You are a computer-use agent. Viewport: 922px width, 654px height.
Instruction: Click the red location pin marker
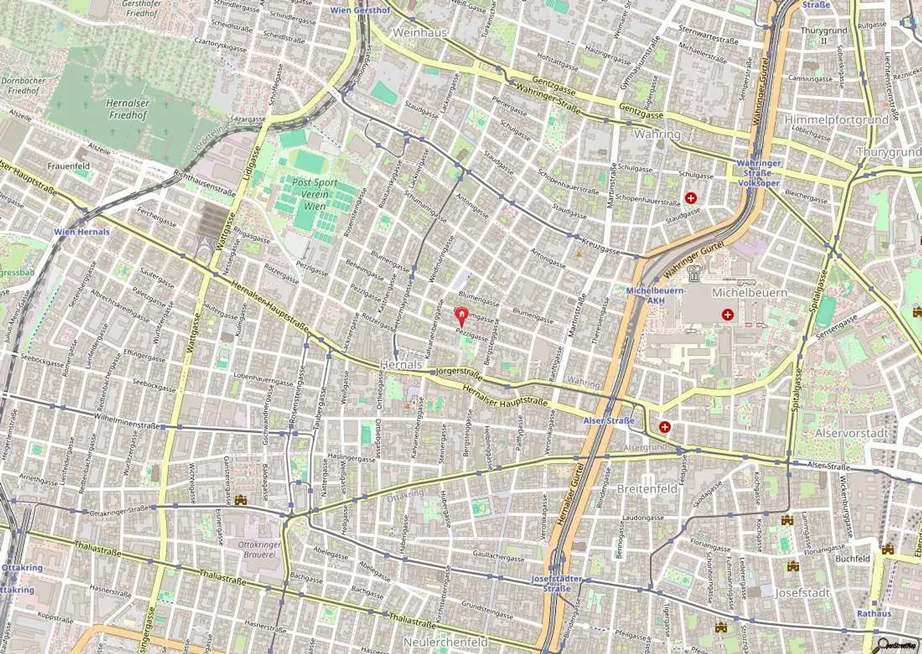461,315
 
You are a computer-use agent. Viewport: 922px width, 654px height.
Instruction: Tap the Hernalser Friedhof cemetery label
127,109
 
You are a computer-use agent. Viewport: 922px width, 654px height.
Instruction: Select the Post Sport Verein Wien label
315,194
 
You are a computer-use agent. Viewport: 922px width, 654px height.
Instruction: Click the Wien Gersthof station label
360,10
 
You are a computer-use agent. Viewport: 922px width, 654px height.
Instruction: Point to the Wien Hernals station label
82,232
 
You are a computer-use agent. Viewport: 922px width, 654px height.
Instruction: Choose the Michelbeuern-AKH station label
655,295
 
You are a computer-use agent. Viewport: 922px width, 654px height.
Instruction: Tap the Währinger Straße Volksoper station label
758,173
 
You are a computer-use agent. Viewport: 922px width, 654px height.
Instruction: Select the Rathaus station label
874,613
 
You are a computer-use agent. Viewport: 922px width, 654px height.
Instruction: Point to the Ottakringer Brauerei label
259,550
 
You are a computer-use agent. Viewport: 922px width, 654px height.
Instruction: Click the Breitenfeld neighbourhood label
647,489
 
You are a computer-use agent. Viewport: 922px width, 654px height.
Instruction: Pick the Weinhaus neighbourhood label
420,32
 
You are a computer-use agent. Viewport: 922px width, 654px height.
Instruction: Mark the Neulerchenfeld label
445,642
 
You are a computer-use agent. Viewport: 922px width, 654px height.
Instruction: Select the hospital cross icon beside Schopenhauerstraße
691,198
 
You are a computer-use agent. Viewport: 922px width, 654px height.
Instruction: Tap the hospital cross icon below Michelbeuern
728,314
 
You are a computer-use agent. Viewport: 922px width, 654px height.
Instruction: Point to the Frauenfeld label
68,166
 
